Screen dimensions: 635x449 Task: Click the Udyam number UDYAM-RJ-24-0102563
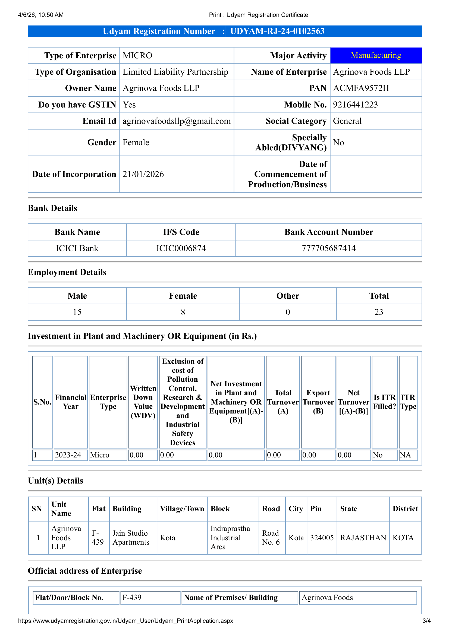tap(277, 31)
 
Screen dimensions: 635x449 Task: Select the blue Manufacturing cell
tap(376, 55)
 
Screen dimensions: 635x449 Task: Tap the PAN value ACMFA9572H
tap(361, 88)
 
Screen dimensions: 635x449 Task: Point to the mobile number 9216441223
tap(355, 105)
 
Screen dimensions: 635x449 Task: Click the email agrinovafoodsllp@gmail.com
tap(177, 121)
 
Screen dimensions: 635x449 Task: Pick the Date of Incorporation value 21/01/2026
tap(143, 174)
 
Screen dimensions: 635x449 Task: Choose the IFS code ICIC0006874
tap(181, 248)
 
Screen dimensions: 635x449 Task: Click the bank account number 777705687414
tap(329, 248)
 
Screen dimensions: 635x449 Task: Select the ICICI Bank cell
tap(77, 248)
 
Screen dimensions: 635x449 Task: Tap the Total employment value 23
tap(379, 312)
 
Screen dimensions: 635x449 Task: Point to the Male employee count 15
tap(77, 312)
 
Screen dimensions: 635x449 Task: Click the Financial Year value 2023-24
tap(68, 455)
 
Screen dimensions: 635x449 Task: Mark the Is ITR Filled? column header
tap(385, 402)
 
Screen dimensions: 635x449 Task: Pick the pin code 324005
tap(322, 538)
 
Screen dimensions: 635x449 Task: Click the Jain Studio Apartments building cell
tap(131, 538)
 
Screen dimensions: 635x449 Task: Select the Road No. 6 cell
tap(271, 538)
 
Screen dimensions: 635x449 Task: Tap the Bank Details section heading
tap(53, 208)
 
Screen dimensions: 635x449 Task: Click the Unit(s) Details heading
tap(55, 481)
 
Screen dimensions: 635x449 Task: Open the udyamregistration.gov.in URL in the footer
tap(125, 621)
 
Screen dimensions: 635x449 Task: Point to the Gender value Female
tap(136, 143)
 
